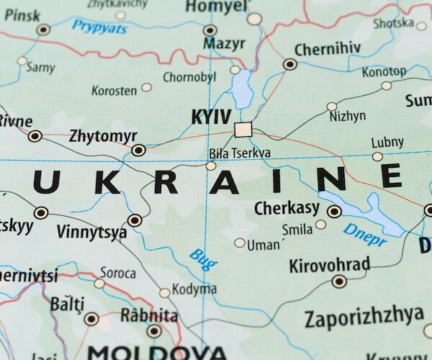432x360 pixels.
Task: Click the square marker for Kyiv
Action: (243, 130)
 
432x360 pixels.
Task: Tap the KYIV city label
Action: (211, 117)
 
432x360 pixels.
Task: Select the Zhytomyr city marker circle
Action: (138, 150)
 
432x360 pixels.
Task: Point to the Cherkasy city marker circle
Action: (334, 212)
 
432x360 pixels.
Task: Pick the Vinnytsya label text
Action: (91, 233)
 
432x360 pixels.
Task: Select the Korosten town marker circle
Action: (147, 87)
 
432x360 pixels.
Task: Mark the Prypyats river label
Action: (99, 28)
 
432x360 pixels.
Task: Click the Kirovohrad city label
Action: (329, 265)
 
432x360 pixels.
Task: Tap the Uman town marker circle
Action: (240, 243)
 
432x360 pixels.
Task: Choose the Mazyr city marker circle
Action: (210, 30)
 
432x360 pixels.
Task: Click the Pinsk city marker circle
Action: (44, 30)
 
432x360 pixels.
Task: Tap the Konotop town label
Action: (384, 72)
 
